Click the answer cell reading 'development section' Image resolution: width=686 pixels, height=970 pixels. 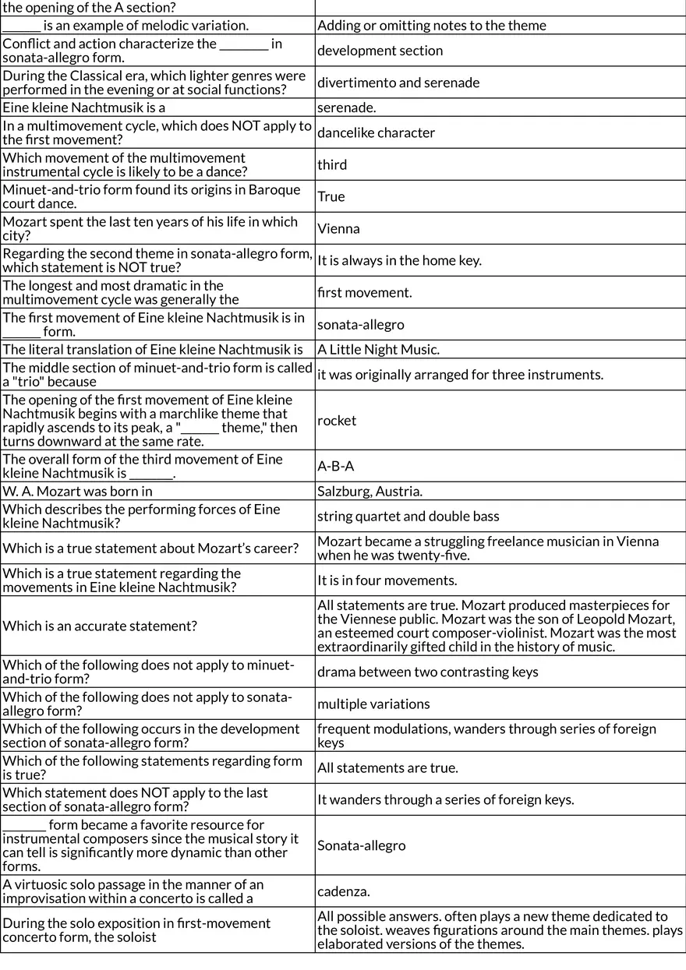point(380,51)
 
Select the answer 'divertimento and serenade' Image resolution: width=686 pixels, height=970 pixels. point(398,83)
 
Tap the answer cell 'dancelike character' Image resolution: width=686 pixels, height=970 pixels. point(376,132)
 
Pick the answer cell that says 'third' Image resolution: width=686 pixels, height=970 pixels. point(332,165)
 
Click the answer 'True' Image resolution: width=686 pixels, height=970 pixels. point(331,196)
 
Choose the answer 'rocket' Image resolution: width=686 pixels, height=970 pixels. point(337,421)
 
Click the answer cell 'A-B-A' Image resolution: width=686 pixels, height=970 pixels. point(335,466)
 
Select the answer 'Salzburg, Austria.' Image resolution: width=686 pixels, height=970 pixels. point(370,492)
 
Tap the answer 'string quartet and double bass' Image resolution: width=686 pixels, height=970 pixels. point(408,517)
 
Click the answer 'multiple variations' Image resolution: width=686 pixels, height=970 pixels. point(373,704)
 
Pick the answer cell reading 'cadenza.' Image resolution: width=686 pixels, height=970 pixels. point(344,891)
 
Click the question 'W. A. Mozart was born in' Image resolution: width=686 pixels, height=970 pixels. point(78,492)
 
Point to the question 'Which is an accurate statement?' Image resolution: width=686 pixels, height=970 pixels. point(100,626)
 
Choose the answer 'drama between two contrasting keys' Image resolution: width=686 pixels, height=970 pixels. point(427,672)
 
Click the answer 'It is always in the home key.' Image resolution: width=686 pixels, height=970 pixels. point(399,261)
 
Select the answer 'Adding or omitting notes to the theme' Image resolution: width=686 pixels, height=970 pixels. point(432,26)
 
